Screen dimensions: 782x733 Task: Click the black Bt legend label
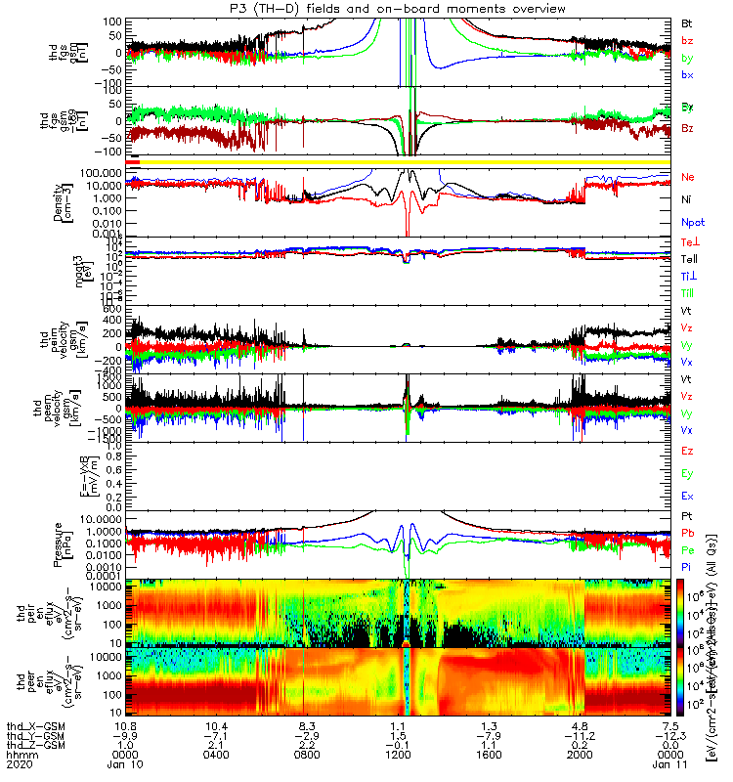(x=688, y=22)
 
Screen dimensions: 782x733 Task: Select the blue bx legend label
(x=688, y=75)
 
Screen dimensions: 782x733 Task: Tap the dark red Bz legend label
(x=688, y=129)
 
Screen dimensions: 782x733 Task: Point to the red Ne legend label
(x=688, y=177)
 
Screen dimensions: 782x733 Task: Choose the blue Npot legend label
(x=691, y=222)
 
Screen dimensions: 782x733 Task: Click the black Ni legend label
(x=687, y=199)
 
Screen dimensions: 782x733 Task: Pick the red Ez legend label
(x=688, y=450)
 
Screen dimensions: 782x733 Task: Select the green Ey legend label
(x=688, y=473)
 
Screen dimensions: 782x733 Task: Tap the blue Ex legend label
(x=688, y=496)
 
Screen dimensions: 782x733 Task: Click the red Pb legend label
(x=688, y=532)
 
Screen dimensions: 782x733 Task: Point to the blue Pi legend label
(x=687, y=567)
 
